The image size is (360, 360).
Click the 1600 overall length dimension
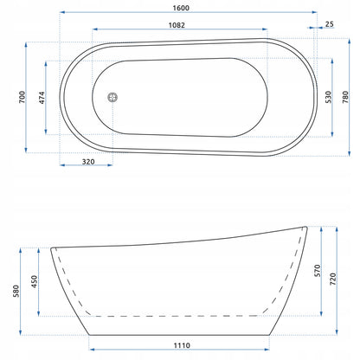click(181, 8)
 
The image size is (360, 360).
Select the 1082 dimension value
click(177, 25)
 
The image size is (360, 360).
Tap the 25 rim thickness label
click(329, 24)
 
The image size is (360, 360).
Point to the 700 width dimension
click(22, 97)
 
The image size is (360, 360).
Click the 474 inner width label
click(42, 98)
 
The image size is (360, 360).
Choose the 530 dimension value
click(328, 97)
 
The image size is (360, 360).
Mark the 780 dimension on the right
click(345, 97)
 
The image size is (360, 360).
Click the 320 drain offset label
click(88, 162)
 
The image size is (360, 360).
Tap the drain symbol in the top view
click(112, 97)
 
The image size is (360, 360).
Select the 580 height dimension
click(16, 291)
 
